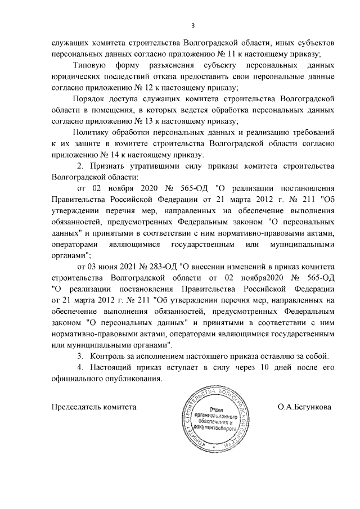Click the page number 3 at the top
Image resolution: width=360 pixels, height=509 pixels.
tap(192, 25)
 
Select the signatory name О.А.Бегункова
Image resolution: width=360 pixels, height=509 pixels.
tap(304, 406)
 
